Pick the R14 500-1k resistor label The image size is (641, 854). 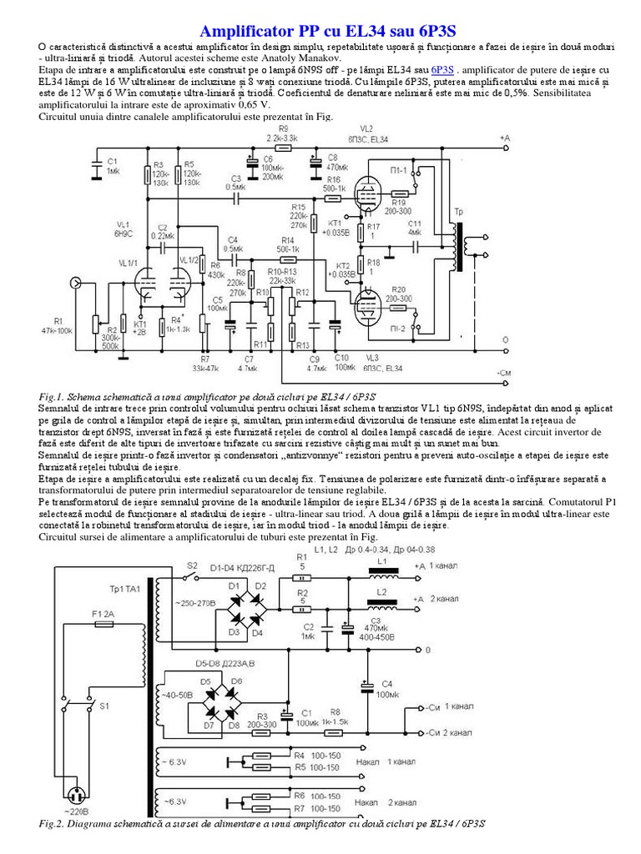pyautogui.click(x=288, y=244)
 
